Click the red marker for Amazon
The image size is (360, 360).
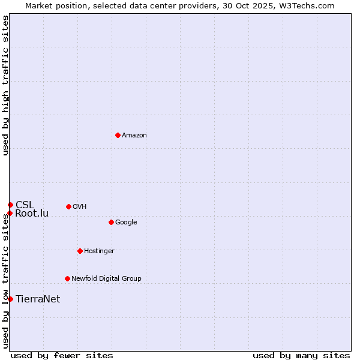pyautogui.click(x=118, y=135)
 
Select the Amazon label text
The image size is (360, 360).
pyautogui.click(x=134, y=136)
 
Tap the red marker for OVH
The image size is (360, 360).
pyautogui.click(x=68, y=206)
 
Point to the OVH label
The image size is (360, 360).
pyautogui.click(x=80, y=207)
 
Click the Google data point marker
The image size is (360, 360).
pyautogui.click(x=111, y=222)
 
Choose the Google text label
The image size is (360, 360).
pyautogui.click(x=126, y=223)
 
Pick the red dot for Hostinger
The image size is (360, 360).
pyautogui.click(x=80, y=251)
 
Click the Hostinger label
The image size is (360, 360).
pyautogui.click(x=99, y=251)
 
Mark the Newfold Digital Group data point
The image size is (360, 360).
pyautogui.click(x=67, y=278)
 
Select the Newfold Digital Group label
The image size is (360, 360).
pyautogui.click(x=106, y=279)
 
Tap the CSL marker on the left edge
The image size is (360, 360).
pyautogui.click(x=10, y=205)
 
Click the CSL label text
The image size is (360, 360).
pyautogui.click(x=25, y=205)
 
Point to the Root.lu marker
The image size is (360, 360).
pyautogui.click(x=10, y=213)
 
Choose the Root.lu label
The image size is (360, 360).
pyautogui.click(x=32, y=214)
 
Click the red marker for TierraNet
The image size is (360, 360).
pyautogui.click(x=10, y=299)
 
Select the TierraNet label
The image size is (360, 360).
pyautogui.click(x=38, y=299)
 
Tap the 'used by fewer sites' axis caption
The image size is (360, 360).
pyautogui.click(x=62, y=356)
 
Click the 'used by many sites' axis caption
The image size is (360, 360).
pyautogui.click(x=301, y=356)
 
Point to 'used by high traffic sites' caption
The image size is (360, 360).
pyautogui.click(x=6, y=85)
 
